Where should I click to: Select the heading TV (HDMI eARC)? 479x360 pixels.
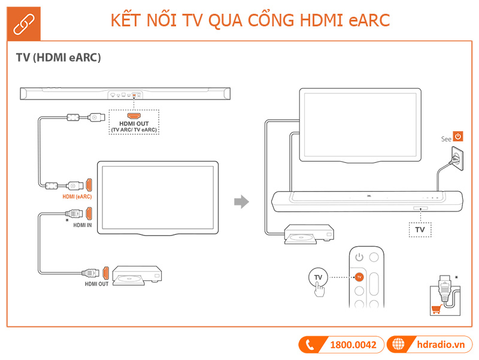pos(58,58)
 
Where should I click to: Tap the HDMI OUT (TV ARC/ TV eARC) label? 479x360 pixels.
pos(134,126)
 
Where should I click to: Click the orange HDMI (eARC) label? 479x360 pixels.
pos(77,196)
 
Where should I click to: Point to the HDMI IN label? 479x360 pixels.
pos(82,225)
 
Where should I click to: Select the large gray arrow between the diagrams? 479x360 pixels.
pos(241,202)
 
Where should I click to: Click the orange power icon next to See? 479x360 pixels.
pos(458,137)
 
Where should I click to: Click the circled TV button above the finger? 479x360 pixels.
pos(318,277)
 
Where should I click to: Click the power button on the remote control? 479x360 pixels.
pos(359,258)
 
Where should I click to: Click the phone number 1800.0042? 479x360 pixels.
pos(353,344)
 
